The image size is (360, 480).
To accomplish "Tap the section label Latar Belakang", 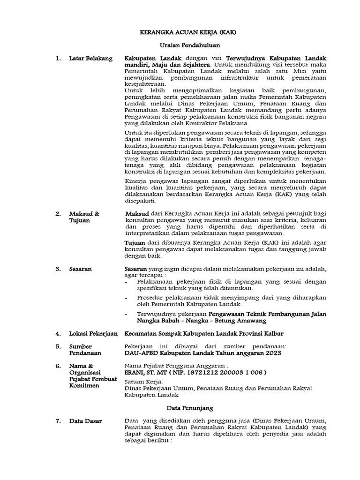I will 90,58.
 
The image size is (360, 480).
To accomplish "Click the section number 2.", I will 58,214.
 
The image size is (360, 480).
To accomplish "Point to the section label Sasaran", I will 80,269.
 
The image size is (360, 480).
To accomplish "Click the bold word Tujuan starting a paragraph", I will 134,242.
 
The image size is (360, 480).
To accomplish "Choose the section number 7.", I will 58,421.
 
